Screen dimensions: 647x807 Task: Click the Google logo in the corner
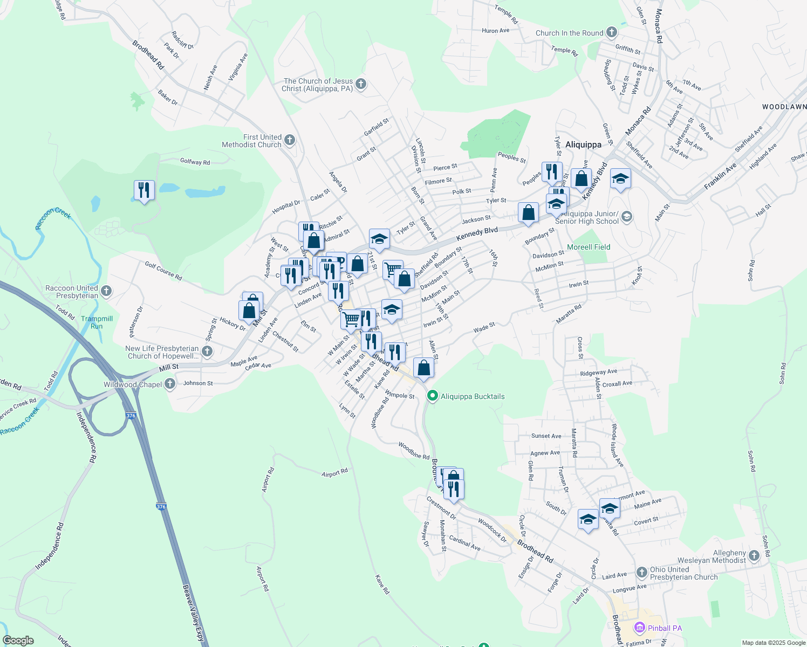point(18,641)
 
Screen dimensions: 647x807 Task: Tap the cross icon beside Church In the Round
point(611,32)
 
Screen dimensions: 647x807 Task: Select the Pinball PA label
point(665,628)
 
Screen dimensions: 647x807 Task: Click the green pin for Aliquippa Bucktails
point(432,396)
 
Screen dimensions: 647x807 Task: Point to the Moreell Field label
point(589,247)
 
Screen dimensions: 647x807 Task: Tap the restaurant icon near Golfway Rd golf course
point(144,190)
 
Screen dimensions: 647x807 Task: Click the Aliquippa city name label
point(583,144)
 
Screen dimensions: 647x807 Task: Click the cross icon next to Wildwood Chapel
point(170,384)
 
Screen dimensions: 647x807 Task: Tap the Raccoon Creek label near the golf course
point(53,218)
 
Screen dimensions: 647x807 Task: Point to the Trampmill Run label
point(97,322)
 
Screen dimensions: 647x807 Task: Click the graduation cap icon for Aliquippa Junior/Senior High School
point(626,217)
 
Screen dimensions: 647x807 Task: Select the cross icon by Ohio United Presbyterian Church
point(641,573)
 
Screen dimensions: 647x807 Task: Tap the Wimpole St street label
point(400,395)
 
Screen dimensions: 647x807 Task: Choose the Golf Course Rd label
point(163,271)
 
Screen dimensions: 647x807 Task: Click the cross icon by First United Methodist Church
point(290,141)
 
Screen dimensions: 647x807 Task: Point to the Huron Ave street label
point(495,31)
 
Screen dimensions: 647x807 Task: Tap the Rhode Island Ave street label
point(617,445)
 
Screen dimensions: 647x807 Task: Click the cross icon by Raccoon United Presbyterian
point(106,292)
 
